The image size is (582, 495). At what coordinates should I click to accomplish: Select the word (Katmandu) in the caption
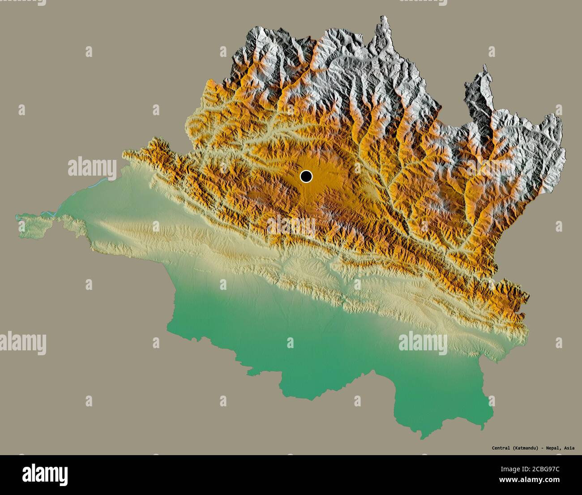(525, 448)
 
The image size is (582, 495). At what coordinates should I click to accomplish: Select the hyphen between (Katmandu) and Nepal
(542, 448)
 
